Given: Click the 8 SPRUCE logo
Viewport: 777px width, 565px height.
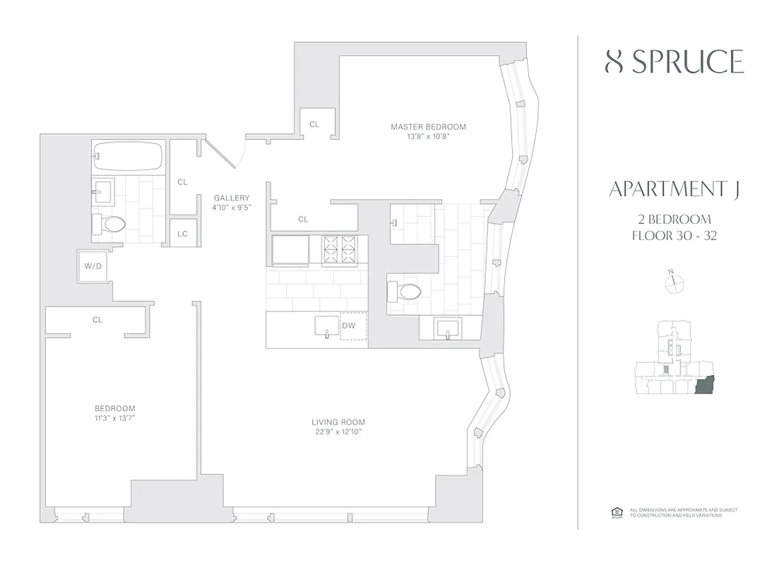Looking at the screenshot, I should (675, 63).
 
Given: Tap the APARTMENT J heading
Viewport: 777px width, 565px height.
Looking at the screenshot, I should (674, 189).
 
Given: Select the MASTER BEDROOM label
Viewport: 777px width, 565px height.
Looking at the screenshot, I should (428, 127).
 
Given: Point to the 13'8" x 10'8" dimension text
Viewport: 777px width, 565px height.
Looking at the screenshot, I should (428, 137).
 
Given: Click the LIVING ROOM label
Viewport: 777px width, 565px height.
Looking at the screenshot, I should (339, 422).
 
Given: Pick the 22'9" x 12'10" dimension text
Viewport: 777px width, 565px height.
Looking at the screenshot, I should (339, 432).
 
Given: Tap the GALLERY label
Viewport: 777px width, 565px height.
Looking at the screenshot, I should (232, 198).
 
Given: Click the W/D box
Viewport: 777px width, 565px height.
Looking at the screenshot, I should (93, 266).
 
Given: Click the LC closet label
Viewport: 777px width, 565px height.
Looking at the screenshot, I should (182, 233).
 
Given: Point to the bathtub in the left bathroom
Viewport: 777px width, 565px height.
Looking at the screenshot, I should (128, 155).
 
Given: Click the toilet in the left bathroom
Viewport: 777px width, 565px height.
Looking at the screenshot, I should (110, 225).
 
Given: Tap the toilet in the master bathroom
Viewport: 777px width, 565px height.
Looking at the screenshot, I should (405, 290).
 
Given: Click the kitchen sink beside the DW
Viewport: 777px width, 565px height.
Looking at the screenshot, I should (326, 326).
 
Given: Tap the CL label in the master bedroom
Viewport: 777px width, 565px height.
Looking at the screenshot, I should (314, 124).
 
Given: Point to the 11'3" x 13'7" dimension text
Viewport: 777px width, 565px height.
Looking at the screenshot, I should (114, 418).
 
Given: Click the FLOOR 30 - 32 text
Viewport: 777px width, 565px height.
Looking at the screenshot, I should (674, 236).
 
